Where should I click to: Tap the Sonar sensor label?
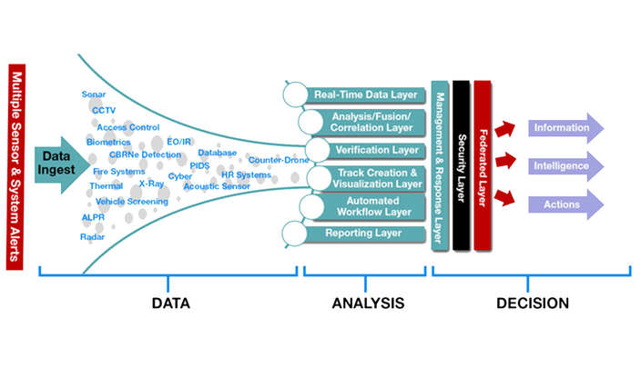[94, 94]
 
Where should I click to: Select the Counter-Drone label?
[279, 160]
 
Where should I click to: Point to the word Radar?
[93, 236]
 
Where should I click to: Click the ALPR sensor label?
[93, 218]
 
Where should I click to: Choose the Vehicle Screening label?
[131, 201]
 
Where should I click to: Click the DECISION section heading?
[532, 303]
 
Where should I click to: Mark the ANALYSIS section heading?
[367, 303]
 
